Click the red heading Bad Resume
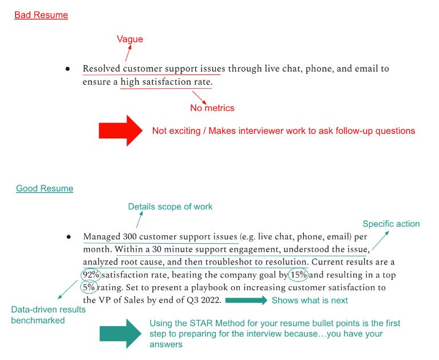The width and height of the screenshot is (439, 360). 41,15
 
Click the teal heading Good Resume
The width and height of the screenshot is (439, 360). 45,188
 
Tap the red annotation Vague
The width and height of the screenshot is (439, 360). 130,39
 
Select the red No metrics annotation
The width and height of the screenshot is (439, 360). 212,108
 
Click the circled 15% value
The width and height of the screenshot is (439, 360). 297,275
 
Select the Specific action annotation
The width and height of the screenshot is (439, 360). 391,224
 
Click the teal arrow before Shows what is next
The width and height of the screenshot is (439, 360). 246,300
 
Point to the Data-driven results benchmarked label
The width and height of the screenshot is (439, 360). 48,314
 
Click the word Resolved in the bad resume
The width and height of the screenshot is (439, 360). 101,69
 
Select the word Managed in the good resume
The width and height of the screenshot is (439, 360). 101,236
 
